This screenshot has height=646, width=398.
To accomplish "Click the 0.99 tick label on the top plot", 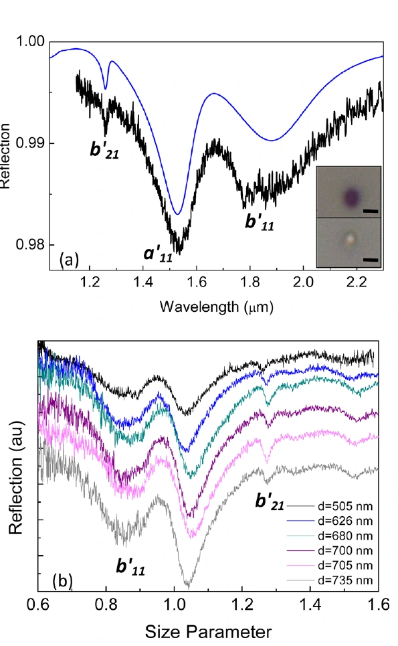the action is click(29, 143).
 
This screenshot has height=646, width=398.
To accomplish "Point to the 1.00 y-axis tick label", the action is click(29, 42).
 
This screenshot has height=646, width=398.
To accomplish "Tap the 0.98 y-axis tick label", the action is click(29, 244).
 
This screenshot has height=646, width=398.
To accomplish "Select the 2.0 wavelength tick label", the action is click(303, 282).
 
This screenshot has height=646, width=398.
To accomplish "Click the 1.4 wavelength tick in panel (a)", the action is click(143, 282).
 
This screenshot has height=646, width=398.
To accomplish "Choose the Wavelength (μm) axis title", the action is click(217, 307).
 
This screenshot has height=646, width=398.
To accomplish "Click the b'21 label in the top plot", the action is click(104, 151).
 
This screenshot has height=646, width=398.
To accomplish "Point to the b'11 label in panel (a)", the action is click(260, 222).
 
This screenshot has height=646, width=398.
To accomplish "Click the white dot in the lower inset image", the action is click(350, 239).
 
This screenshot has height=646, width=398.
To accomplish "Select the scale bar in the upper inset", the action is click(371, 212).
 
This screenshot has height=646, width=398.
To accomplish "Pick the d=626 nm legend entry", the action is click(329, 521).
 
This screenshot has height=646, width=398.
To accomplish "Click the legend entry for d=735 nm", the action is click(329, 580).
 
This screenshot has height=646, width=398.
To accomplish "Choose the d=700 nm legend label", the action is click(329, 550).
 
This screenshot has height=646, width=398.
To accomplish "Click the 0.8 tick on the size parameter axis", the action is click(106, 604).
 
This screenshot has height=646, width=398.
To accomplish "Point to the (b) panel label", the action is click(63, 580).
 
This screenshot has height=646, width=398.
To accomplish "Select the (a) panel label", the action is click(69, 260).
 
